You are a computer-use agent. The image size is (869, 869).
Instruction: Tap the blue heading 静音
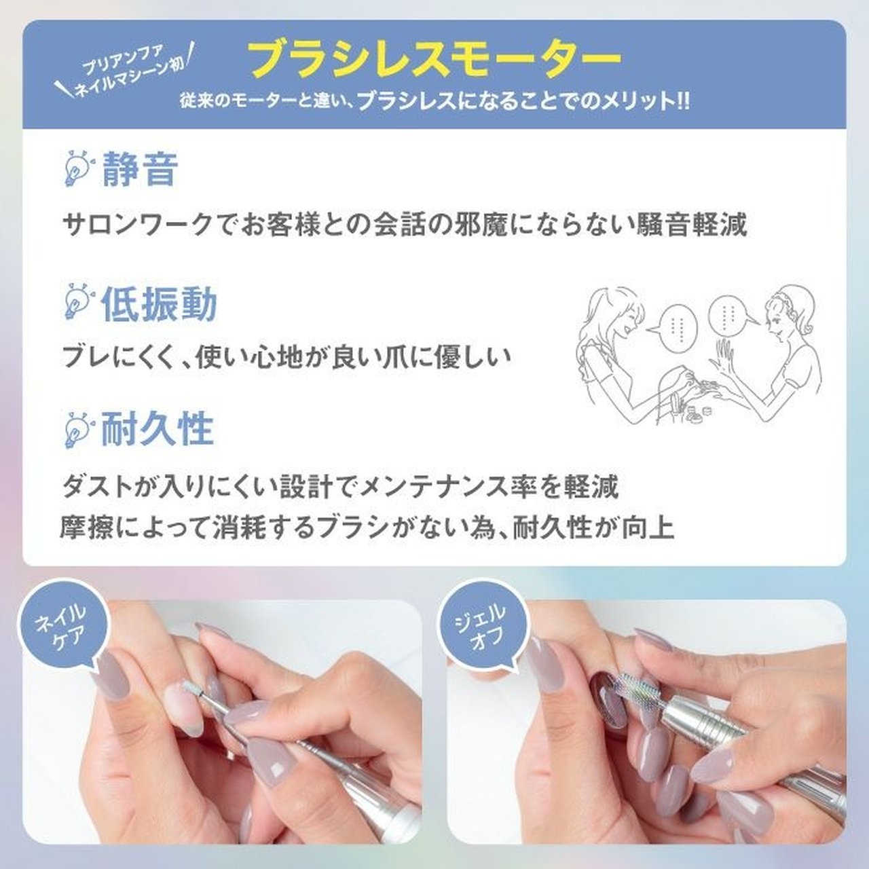140,170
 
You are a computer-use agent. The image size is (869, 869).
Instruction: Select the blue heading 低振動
159,304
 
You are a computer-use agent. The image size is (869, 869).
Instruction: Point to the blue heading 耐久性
157,428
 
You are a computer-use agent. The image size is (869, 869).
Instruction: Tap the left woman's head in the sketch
614,312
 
